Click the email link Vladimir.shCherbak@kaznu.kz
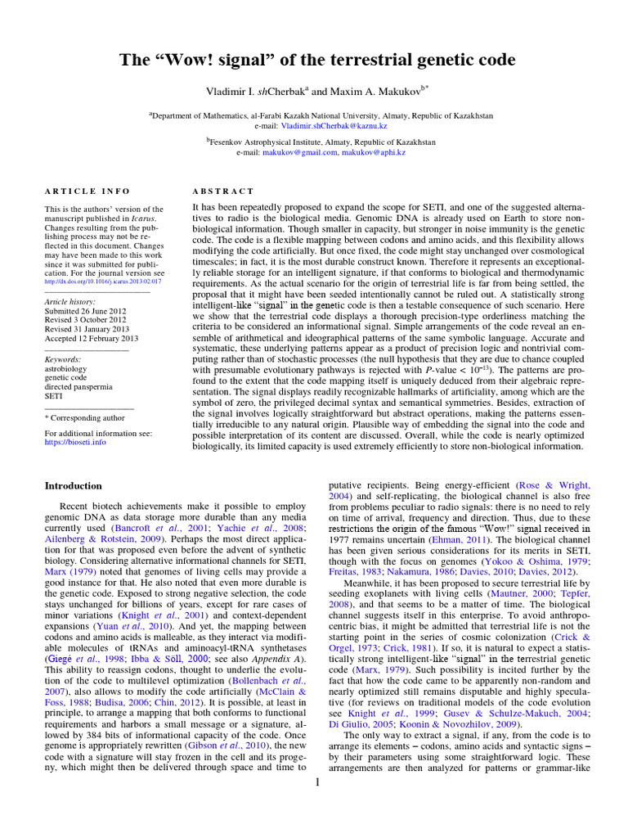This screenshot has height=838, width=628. (x=334, y=127)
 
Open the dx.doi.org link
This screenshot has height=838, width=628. (x=103, y=281)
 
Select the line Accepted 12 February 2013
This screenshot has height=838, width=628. (x=92, y=338)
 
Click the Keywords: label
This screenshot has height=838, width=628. (x=63, y=359)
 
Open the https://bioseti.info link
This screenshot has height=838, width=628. (x=75, y=442)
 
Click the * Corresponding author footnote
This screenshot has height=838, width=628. (x=85, y=417)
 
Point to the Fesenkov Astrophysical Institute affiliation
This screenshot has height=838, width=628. (x=322, y=142)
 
